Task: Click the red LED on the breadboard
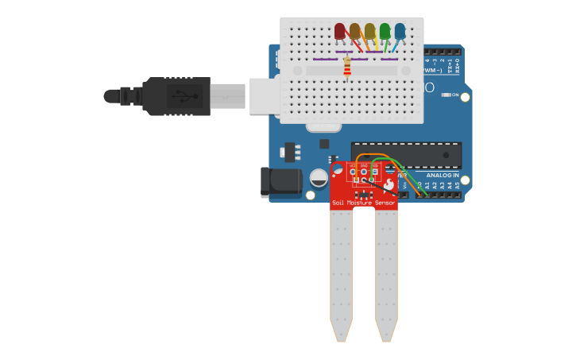[x=340, y=31]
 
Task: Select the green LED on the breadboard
[x=385, y=31]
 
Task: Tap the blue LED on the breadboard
[x=400, y=31]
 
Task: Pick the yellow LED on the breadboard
[x=369, y=31]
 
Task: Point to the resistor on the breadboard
[x=347, y=68]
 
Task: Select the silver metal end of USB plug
[x=227, y=96]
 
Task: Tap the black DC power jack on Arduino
[x=280, y=182]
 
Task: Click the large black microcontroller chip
[x=406, y=154]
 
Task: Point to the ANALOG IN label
[x=443, y=175]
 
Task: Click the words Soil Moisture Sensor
[x=363, y=203]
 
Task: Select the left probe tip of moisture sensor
[x=341, y=332]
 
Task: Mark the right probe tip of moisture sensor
[x=386, y=332]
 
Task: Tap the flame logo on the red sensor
[x=389, y=184]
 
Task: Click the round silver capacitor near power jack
[x=319, y=178]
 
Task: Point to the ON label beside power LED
[x=454, y=95]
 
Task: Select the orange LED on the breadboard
[x=354, y=31]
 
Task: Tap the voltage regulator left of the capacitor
[x=290, y=151]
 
